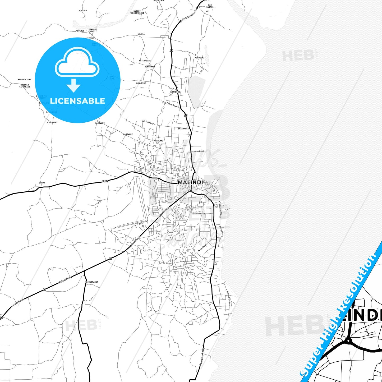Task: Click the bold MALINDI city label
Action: coord(190,182)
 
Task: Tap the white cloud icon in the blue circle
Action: coord(77,63)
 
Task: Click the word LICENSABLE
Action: coord(77,101)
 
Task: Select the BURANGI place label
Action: coord(83,11)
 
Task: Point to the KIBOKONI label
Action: coord(200,58)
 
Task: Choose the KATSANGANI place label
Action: coord(145,61)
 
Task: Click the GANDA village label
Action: coord(42,183)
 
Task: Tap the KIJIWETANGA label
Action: coord(91,282)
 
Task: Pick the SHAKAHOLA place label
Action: coord(183,129)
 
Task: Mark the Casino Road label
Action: coord(198,151)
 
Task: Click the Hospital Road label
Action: coord(199,214)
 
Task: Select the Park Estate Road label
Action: coord(169,104)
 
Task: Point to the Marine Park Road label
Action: coord(229,298)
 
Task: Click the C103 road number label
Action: coord(105,181)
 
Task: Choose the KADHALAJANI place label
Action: coord(24,80)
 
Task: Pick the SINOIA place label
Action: coord(141,34)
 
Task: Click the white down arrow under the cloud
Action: coord(73,85)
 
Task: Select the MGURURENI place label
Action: coord(52,122)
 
